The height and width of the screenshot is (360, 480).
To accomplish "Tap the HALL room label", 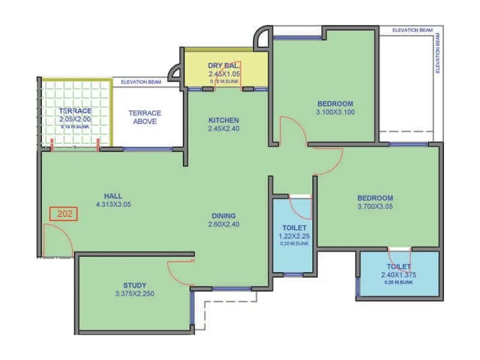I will point(113,196).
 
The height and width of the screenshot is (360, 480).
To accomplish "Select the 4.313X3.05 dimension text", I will point(113,204).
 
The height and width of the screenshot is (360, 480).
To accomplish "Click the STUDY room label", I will point(135,285).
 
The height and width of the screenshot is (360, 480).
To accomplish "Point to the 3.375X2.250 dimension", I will point(135,294).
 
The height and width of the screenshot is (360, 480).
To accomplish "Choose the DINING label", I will point(223,216).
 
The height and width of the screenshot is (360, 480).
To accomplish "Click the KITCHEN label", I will point(223,120).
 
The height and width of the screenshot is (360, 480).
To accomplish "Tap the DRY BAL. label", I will point(223,65).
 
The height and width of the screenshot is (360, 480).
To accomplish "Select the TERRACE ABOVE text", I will point(146,117).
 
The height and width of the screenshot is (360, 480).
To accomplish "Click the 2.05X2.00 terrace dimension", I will point(75,119).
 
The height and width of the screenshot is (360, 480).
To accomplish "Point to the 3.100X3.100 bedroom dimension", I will point(335,112).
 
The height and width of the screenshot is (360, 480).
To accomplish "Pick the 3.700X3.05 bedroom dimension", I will point(375,206).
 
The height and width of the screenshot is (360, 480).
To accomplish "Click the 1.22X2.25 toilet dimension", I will point(294,236).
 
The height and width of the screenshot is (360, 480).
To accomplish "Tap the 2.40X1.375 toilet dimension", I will point(398,275).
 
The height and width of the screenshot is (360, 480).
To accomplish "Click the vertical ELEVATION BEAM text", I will point(437,54).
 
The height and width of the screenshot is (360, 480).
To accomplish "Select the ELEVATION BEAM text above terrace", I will point(142,82).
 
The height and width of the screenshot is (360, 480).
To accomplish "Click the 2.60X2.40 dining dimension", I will point(223,225).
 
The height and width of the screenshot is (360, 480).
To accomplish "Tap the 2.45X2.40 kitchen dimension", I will point(223,128).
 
